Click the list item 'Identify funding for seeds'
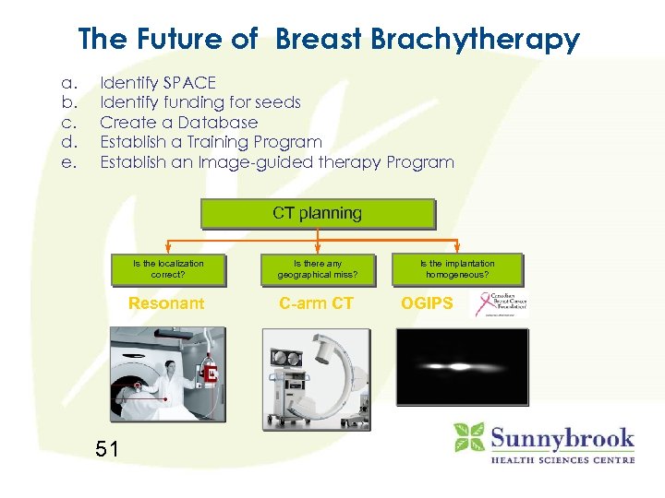point(199,102)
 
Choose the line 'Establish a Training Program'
point(211,142)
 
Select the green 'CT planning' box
point(317,214)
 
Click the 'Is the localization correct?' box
point(167,268)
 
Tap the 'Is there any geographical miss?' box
point(317,268)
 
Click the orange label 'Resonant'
point(166,303)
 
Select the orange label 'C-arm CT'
point(317,303)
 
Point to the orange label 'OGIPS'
point(427,303)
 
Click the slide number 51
point(107,449)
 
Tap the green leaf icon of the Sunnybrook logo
point(468,436)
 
